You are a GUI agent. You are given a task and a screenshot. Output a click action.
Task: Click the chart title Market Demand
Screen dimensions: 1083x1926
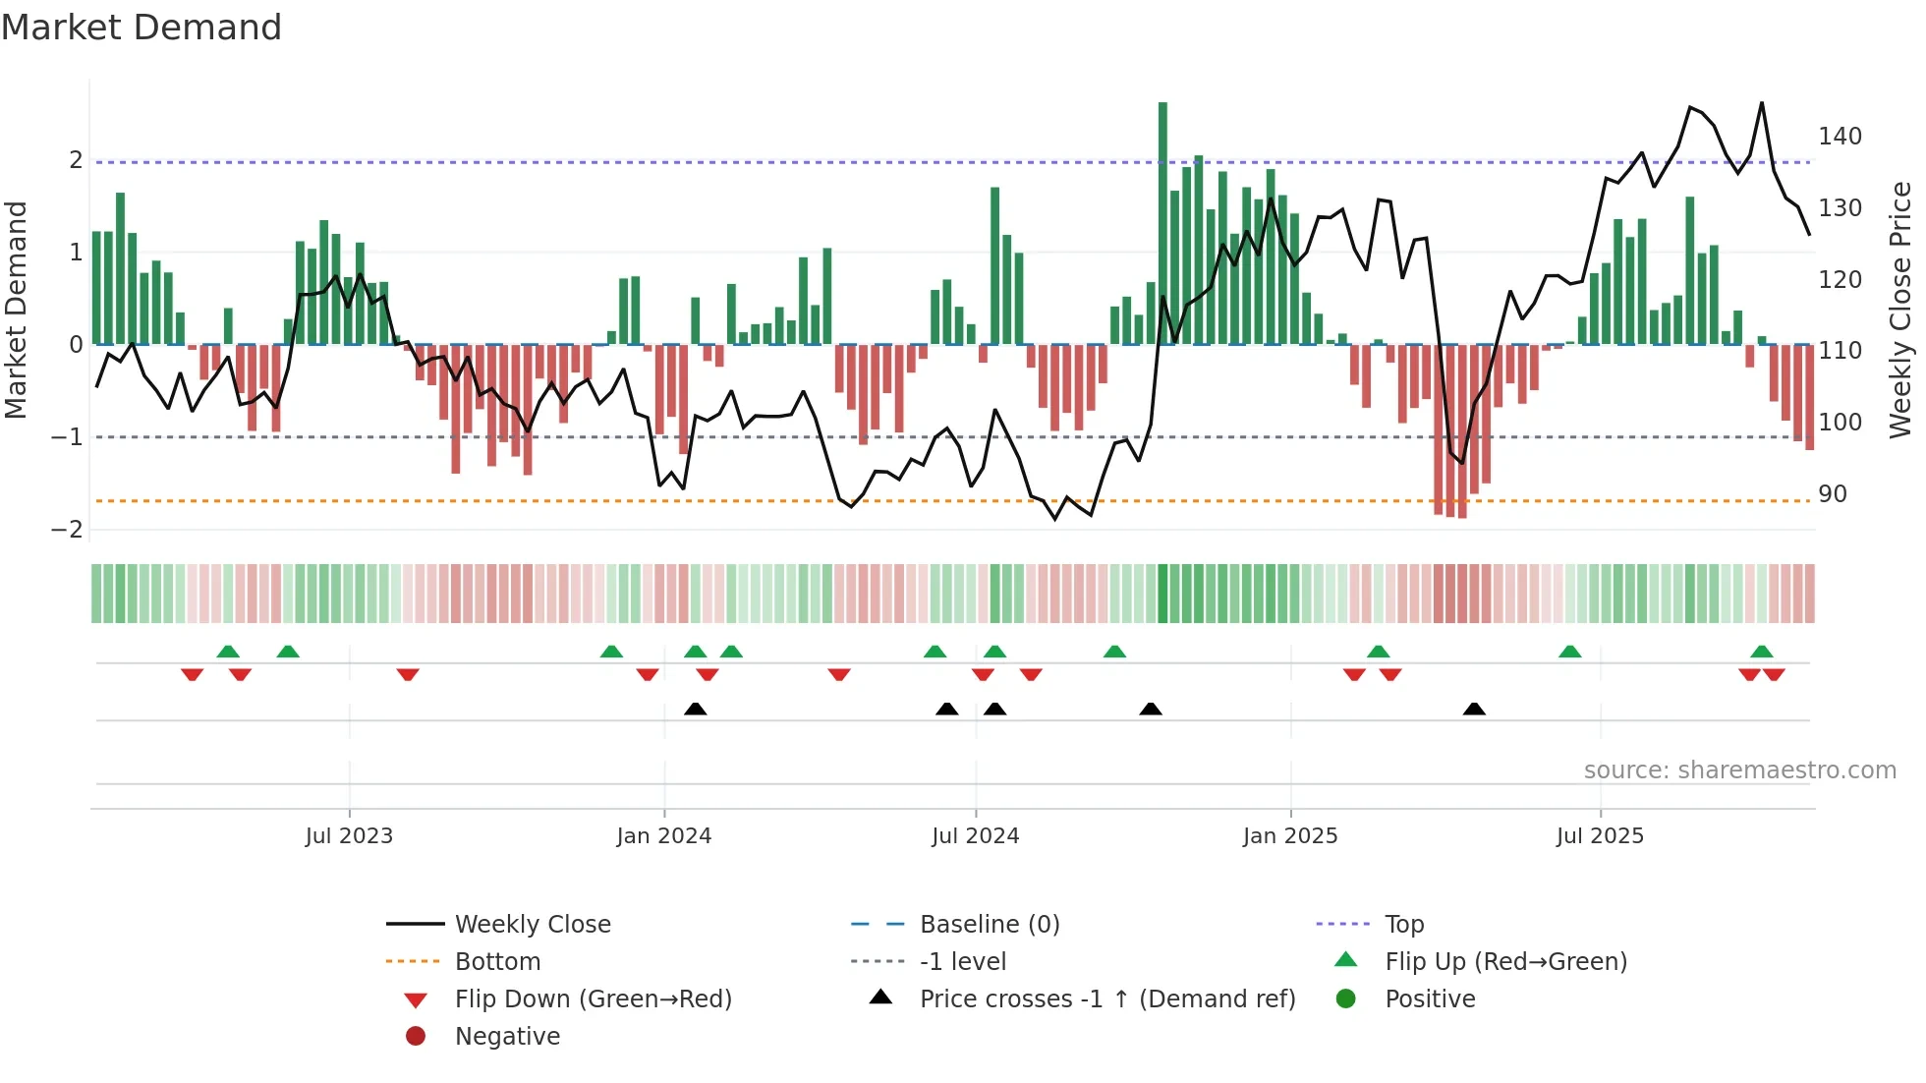(142, 28)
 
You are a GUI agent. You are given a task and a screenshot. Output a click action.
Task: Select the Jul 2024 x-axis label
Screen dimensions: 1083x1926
(975, 836)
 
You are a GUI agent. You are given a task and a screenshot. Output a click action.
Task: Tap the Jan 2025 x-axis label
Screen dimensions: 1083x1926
(1289, 836)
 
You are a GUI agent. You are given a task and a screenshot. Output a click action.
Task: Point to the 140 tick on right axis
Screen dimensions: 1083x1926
(1840, 137)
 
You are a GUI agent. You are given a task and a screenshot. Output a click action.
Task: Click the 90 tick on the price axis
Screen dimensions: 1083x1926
(1832, 494)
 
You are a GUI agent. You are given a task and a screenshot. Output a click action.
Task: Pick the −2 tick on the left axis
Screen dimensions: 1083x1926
(67, 530)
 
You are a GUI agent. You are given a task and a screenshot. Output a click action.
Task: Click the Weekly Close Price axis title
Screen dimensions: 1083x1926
(1900, 310)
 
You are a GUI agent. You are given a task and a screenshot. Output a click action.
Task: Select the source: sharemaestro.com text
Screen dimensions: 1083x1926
(1739, 770)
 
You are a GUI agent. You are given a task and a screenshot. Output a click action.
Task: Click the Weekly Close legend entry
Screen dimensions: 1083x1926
(532, 925)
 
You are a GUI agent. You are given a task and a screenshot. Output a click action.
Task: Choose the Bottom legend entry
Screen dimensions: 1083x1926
(497, 962)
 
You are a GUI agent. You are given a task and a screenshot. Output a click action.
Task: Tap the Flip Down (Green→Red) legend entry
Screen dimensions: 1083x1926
(593, 999)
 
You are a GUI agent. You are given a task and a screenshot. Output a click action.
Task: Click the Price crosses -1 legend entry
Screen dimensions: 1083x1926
(1106, 999)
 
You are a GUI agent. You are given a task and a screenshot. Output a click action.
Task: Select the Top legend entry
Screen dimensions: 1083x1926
(1403, 925)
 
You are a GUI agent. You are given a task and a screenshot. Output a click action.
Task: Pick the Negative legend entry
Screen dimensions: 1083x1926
(507, 1037)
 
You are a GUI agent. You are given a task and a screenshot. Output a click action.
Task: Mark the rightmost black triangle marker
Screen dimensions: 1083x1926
(1474, 709)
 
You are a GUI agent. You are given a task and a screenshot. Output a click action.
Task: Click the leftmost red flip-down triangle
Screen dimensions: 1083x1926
(193, 674)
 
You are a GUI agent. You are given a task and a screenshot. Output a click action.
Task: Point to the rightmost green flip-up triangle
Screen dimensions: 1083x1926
(1761, 652)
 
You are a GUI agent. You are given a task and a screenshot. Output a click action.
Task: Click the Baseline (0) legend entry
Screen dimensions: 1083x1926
(989, 925)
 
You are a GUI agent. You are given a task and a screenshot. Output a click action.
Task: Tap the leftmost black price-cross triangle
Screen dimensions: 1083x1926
(695, 709)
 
